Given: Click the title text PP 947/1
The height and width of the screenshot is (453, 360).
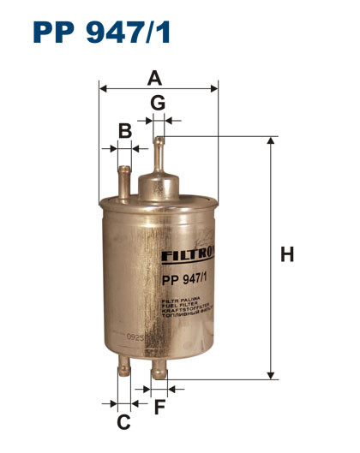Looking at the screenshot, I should [x=102, y=32].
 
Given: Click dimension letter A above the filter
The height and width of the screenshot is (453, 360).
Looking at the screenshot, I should [x=154, y=78].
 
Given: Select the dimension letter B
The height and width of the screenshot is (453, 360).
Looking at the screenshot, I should [x=125, y=131].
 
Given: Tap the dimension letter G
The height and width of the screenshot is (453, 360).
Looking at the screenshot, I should [x=158, y=103].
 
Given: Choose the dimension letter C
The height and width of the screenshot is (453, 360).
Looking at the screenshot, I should [x=123, y=421].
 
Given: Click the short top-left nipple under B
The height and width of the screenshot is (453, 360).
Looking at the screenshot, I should [x=125, y=175].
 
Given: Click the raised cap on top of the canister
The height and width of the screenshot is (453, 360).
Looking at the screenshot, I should [x=159, y=183].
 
